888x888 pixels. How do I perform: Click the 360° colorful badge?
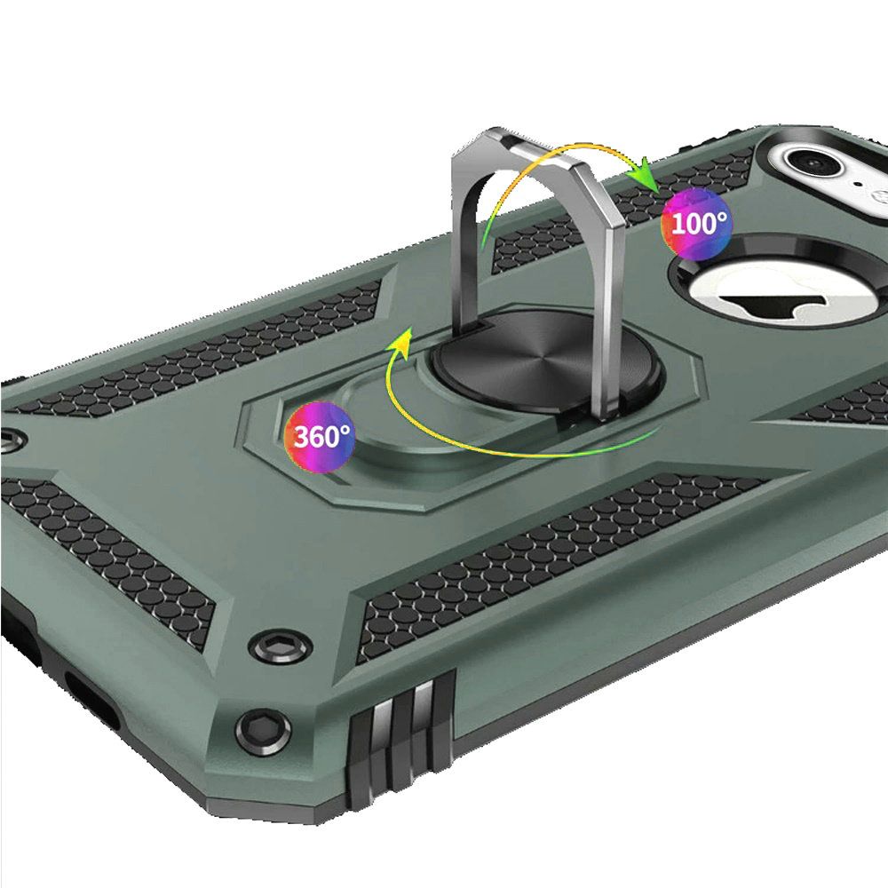pos(320,437)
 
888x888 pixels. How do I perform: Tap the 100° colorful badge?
pos(696,225)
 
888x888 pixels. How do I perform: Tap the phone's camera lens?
pos(812,162)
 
